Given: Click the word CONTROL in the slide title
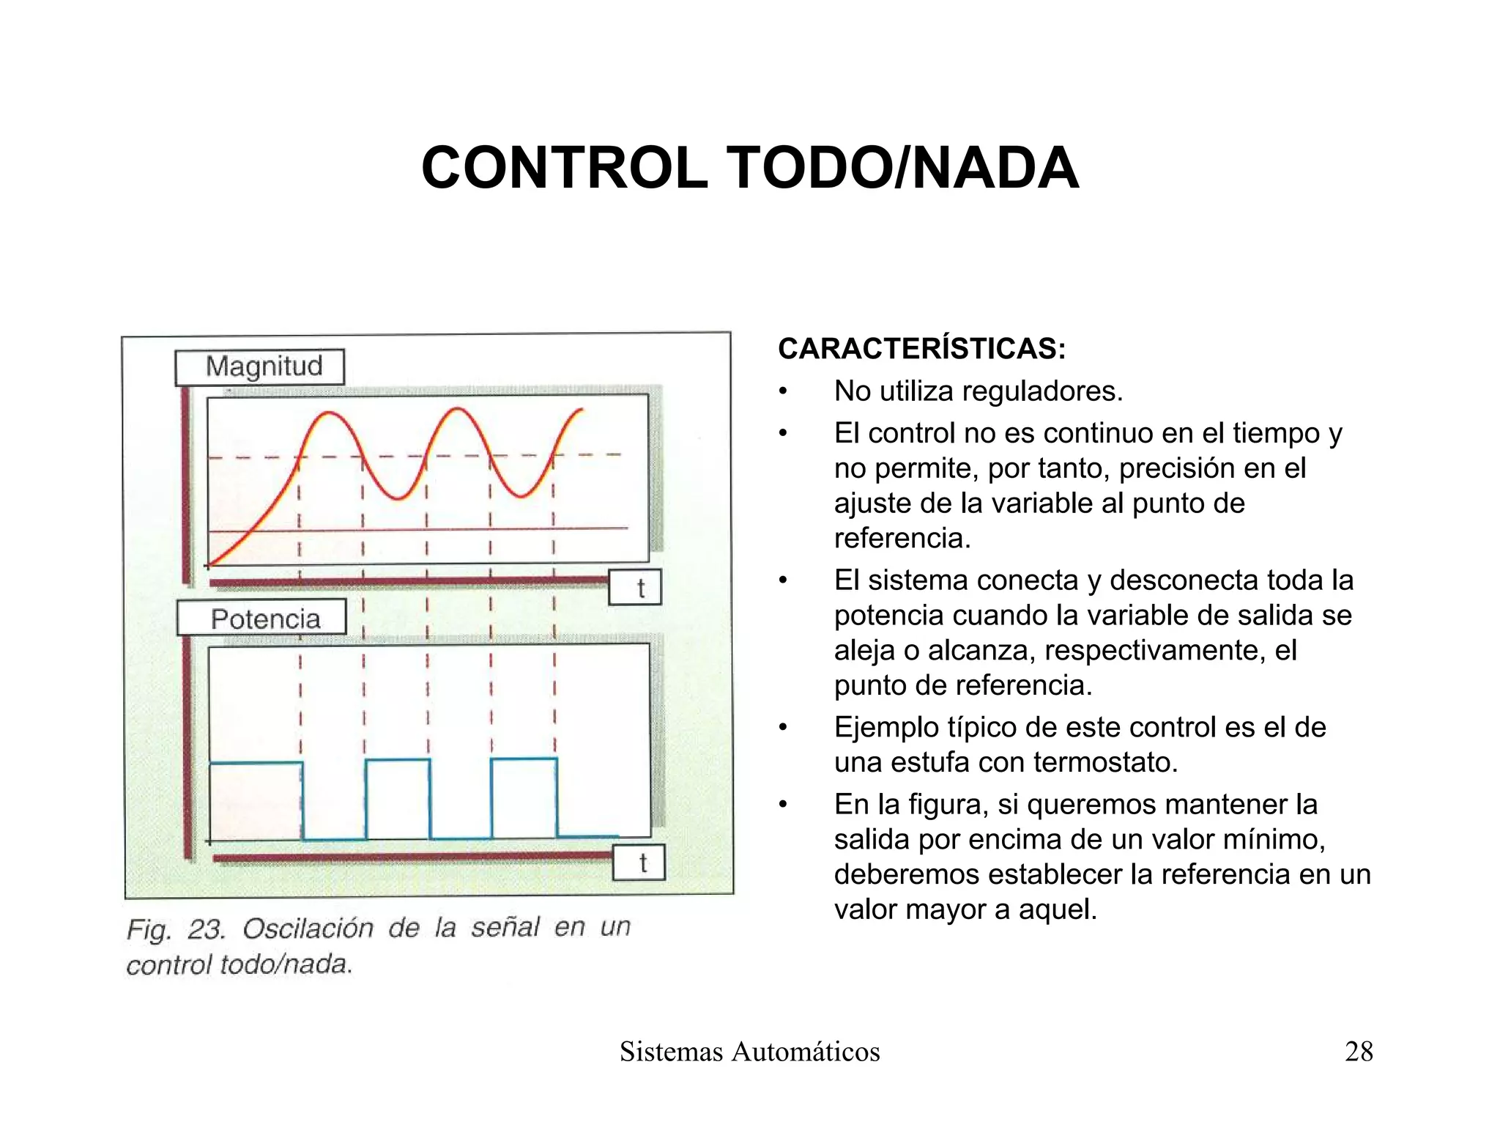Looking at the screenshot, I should pyautogui.click(x=565, y=169).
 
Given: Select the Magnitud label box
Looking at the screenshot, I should pyautogui.click(x=260, y=366).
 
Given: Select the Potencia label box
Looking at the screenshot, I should pyautogui.click(x=262, y=619).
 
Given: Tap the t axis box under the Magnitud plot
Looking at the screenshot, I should pyautogui.click(x=635, y=587).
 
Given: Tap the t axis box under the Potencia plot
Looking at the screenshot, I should pyautogui.click(x=639, y=863).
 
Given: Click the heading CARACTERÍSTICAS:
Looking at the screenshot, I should pyautogui.click(x=921, y=349).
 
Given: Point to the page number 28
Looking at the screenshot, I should pyautogui.click(x=1359, y=1051).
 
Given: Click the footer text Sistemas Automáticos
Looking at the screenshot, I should pyautogui.click(x=749, y=1051).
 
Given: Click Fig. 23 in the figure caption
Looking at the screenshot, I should pyautogui.click(x=176, y=929).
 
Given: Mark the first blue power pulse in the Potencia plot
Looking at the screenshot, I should pyautogui.click(x=256, y=799).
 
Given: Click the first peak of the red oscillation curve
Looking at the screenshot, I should pyautogui.click(x=330, y=413).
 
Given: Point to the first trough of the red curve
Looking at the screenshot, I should pyautogui.click(x=397, y=498).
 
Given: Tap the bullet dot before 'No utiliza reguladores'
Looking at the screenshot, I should pyautogui.click(x=783, y=392).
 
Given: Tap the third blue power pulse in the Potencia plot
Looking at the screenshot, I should pyautogui.click(x=524, y=797).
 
